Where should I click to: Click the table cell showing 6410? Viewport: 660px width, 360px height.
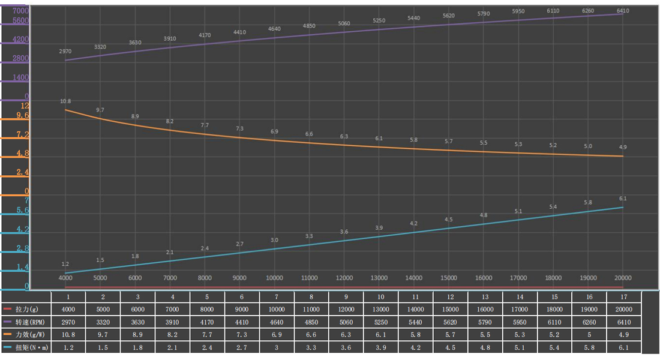pyautogui.click(x=624, y=322)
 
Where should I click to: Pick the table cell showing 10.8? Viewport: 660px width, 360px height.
pyautogui.click(x=68, y=334)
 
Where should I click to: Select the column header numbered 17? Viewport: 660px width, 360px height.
pyautogui.click(x=624, y=296)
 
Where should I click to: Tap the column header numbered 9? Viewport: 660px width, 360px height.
pyautogui.click(x=346, y=296)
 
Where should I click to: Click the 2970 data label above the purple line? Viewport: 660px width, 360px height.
pyautogui.click(x=65, y=52)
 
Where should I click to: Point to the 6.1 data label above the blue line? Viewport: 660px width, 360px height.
pyautogui.click(x=623, y=199)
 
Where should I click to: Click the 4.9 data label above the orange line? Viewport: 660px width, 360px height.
pyautogui.click(x=623, y=147)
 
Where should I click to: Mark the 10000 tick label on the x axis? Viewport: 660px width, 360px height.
pyautogui.click(x=275, y=278)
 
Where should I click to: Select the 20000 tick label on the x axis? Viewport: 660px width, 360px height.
pyautogui.click(x=623, y=278)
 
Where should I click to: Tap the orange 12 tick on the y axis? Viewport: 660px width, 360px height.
pyautogui.click(x=25, y=106)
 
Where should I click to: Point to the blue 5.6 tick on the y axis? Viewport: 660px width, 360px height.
pyautogui.click(x=22, y=211)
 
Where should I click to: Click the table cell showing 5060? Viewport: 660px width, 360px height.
pyautogui.click(x=346, y=322)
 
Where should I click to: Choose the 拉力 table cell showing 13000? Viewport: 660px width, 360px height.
pyautogui.click(x=380, y=309)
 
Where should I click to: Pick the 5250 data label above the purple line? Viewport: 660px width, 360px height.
pyautogui.click(x=379, y=20)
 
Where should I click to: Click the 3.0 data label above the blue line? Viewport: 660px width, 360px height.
pyautogui.click(x=275, y=240)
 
